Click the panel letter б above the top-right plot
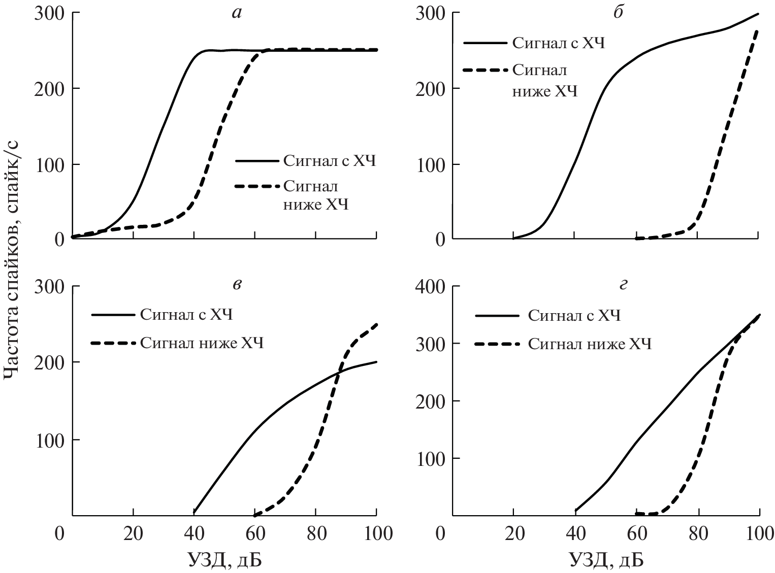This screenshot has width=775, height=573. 618,13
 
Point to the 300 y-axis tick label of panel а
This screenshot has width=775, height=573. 50,13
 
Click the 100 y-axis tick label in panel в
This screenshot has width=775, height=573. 50,440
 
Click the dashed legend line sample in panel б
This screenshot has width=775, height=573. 485,71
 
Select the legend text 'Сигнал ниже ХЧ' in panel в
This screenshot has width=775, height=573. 202,344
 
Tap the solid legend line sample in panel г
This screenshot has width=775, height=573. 498,316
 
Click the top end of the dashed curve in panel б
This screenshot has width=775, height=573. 757,31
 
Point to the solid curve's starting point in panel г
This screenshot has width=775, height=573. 576,510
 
